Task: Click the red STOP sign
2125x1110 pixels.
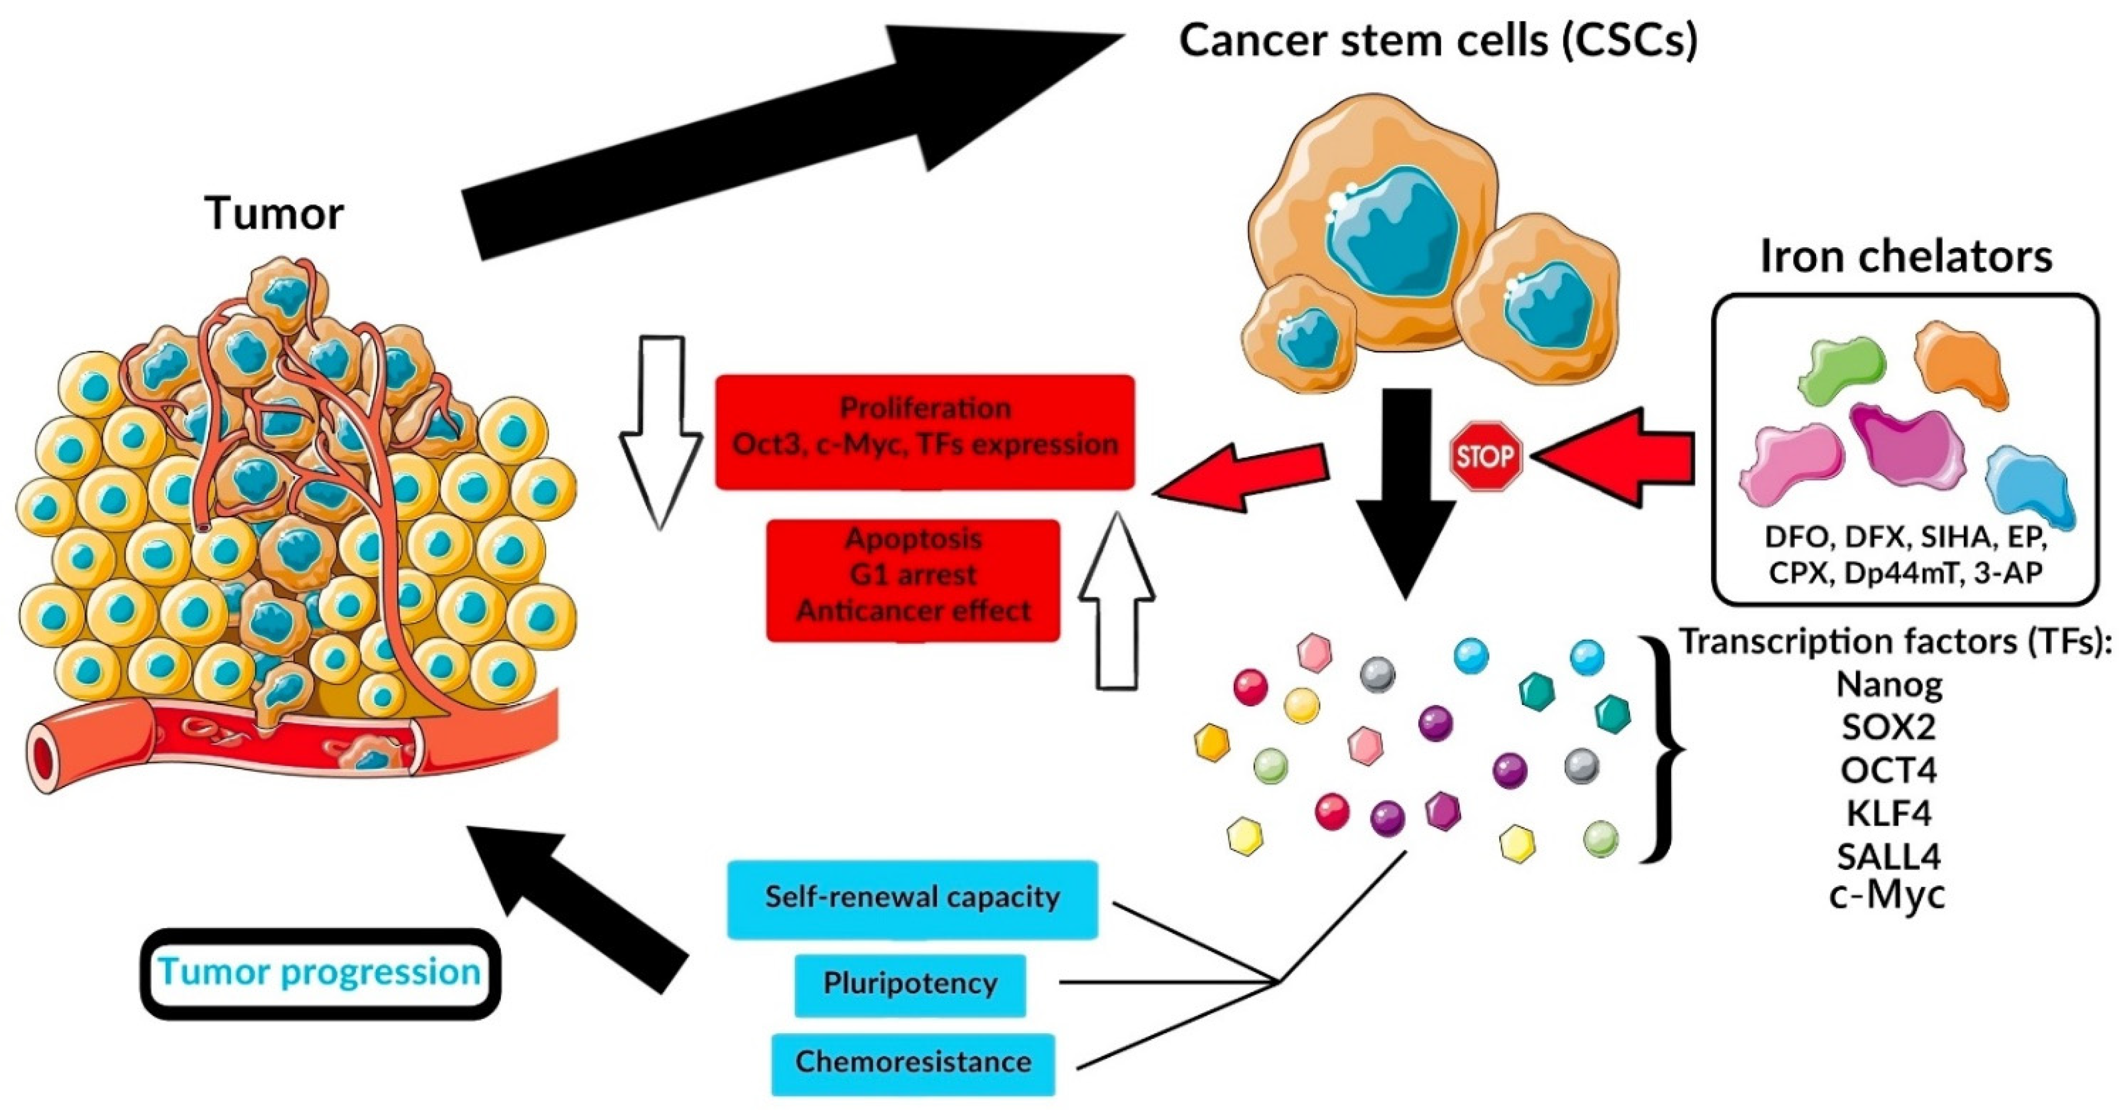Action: click(x=1486, y=456)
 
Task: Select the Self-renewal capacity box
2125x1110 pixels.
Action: click(x=912, y=899)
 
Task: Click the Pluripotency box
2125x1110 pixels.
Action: click(x=910, y=985)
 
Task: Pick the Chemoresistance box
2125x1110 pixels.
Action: click(x=913, y=1064)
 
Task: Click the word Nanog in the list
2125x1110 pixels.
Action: click(x=1889, y=684)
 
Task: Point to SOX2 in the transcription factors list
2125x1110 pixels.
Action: click(x=1889, y=727)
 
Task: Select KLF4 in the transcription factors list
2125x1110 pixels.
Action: click(x=1889, y=814)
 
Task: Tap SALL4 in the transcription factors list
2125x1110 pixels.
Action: click(x=1889, y=857)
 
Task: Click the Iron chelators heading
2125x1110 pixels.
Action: click(x=1906, y=257)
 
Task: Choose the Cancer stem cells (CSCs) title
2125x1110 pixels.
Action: click(x=1438, y=40)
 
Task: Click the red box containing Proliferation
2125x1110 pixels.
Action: click(x=925, y=432)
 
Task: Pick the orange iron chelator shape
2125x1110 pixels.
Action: click(x=1960, y=364)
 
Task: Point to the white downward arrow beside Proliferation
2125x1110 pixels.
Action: click(x=661, y=431)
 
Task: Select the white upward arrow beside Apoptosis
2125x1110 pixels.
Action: click(x=1117, y=599)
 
